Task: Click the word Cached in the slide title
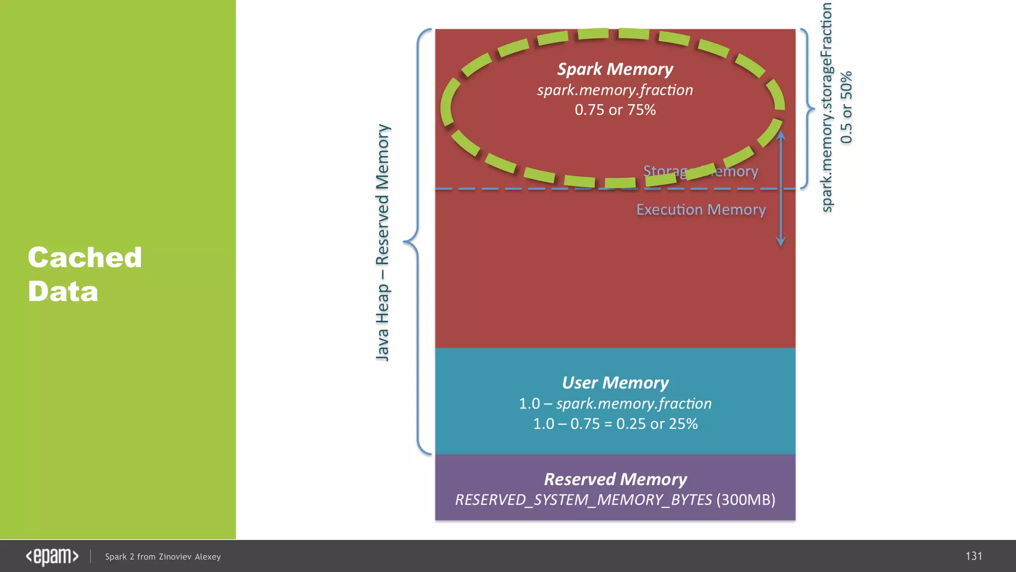pos(85,258)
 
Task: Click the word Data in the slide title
pos(63,291)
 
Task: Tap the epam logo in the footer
pos(52,557)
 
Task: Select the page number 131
pos(973,556)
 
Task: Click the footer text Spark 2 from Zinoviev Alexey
pos(163,557)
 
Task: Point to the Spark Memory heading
pos(615,69)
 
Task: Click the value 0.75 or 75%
pos(615,110)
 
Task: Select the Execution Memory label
pos(700,210)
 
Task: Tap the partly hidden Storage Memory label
pos(700,171)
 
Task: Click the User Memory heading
pos(615,383)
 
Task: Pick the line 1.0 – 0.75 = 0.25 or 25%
pos(615,424)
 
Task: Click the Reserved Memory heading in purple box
pos(615,479)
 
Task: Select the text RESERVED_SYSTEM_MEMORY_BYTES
pos(583,500)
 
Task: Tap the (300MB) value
pos(746,500)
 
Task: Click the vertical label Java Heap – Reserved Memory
pos(382,242)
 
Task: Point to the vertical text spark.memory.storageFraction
pos(826,107)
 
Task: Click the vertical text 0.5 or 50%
pos(846,107)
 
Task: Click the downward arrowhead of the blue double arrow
pos(781,242)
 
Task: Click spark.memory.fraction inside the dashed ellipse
pos(615,90)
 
